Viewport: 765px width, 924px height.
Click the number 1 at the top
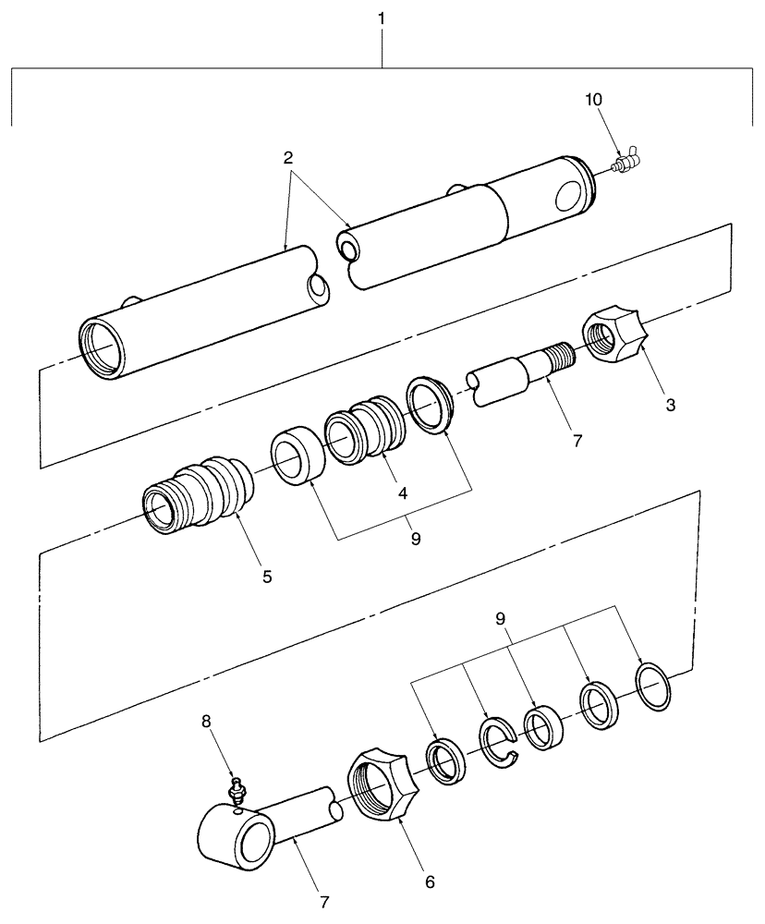(x=382, y=19)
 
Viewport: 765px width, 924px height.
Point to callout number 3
(x=670, y=404)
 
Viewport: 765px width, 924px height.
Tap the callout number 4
(x=403, y=493)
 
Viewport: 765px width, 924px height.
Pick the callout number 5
(x=266, y=577)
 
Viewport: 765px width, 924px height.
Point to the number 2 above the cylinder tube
(x=288, y=158)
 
